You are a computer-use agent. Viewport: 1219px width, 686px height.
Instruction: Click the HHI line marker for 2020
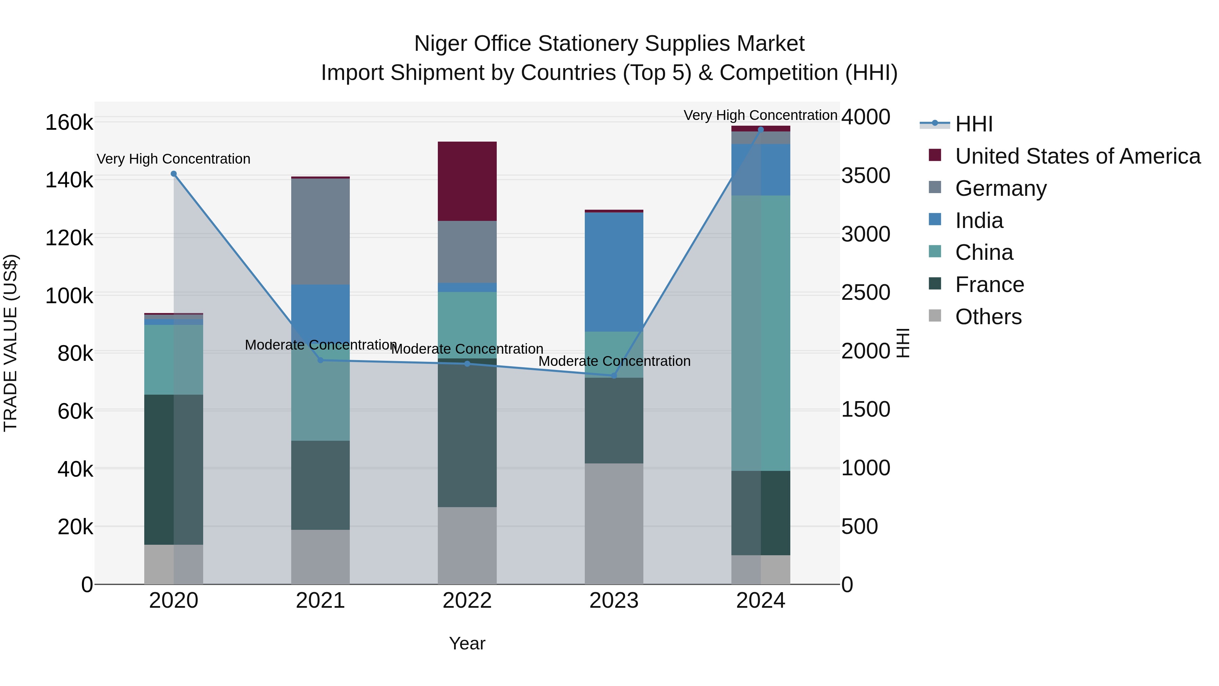pos(174,174)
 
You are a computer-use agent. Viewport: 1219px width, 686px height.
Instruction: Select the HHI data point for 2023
pos(614,375)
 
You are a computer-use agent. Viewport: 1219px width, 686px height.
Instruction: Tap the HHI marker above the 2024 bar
pos(761,129)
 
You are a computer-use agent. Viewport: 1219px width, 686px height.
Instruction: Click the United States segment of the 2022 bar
pos(467,181)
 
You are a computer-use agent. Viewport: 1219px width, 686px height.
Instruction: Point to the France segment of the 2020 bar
pos(174,469)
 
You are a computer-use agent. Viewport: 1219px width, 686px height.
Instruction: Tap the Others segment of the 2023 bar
pos(614,523)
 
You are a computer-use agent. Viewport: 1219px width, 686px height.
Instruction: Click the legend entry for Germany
pos(1000,188)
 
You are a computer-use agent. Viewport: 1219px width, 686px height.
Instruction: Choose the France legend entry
pos(989,285)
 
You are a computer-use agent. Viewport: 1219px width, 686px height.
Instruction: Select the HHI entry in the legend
pos(974,124)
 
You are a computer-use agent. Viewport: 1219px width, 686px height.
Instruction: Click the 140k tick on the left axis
pos(69,180)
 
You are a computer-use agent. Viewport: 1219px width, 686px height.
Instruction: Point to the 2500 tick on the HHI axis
pos(865,293)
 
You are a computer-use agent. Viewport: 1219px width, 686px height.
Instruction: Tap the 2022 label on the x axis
pos(467,601)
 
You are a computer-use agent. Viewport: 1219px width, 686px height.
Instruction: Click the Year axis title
pos(467,643)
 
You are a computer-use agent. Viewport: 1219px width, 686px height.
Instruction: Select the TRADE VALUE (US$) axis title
pos(10,343)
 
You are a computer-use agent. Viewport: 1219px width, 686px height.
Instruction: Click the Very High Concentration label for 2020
pos(174,159)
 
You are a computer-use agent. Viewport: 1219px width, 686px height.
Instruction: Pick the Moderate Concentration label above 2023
pos(614,361)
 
